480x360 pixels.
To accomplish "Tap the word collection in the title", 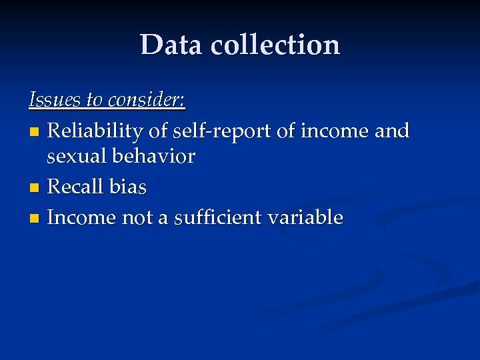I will (x=276, y=45).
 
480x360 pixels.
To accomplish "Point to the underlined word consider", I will (x=147, y=100).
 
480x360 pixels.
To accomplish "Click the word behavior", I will (x=155, y=157).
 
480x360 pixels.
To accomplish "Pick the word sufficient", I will (x=219, y=217).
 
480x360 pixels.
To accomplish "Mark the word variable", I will (x=309, y=217).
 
